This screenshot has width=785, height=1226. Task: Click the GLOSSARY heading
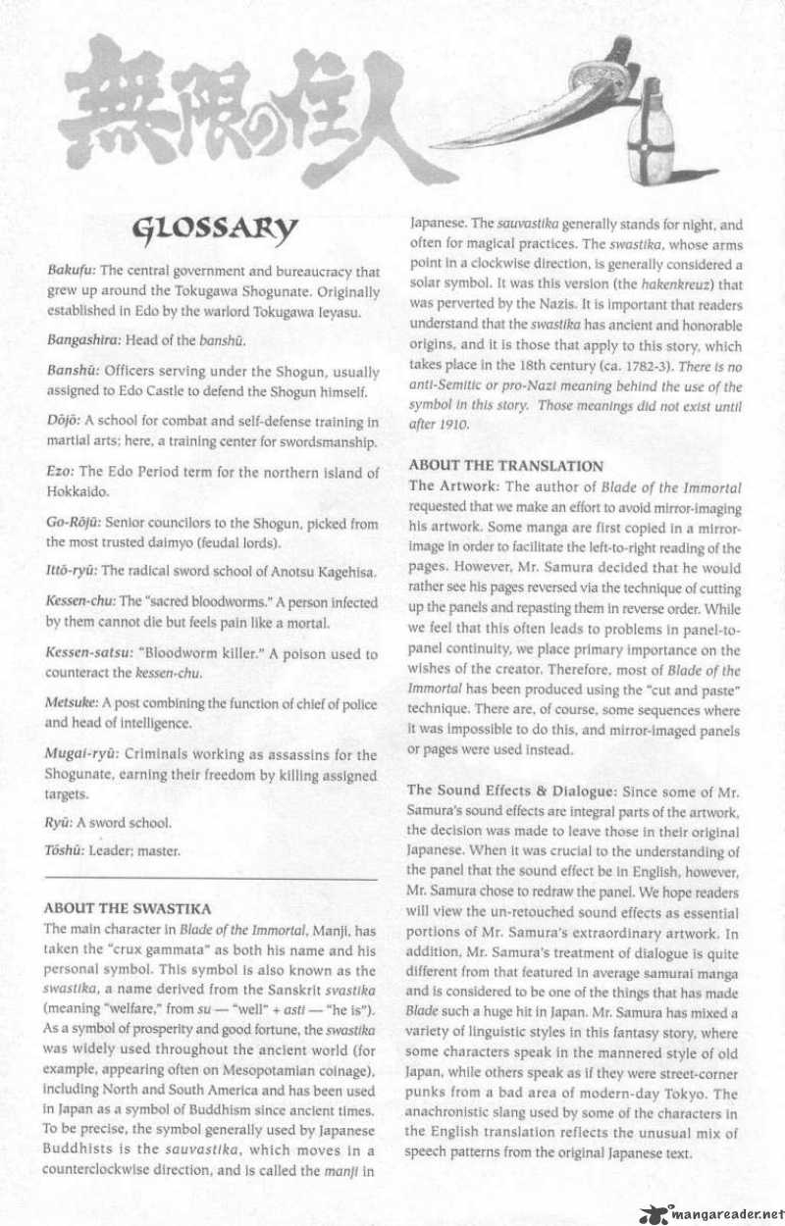click(x=214, y=231)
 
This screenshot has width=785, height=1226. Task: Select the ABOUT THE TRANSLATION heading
click(x=505, y=466)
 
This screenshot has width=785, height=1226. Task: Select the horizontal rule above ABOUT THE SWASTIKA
click(x=211, y=881)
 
